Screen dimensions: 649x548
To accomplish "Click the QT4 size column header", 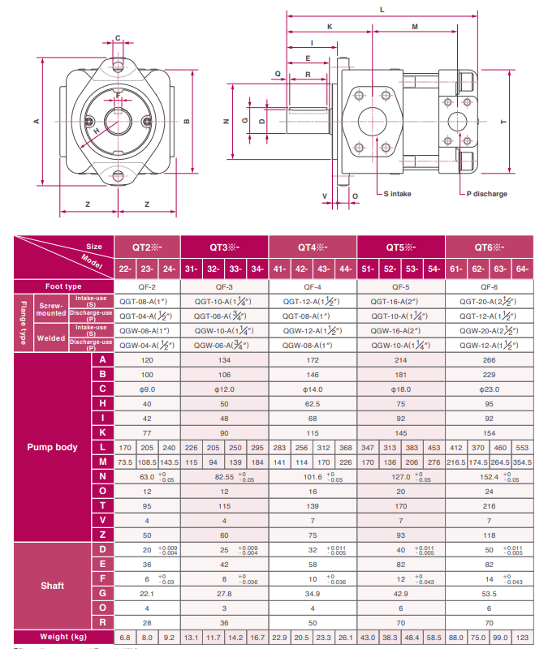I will [x=312, y=247].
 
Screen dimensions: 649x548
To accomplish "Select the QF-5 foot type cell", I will [x=401, y=286].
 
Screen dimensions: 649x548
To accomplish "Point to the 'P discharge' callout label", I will [x=486, y=194].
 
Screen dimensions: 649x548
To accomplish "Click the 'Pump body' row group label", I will [x=53, y=446].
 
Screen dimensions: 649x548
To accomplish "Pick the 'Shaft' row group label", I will [x=53, y=585].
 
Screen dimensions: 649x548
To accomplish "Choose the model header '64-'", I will [x=522, y=269].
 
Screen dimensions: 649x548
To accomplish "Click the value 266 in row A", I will [x=489, y=359].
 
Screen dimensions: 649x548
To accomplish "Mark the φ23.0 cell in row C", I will [x=489, y=389].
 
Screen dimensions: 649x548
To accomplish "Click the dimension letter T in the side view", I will [x=503, y=122].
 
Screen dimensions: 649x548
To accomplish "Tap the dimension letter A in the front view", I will [x=36, y=122].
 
